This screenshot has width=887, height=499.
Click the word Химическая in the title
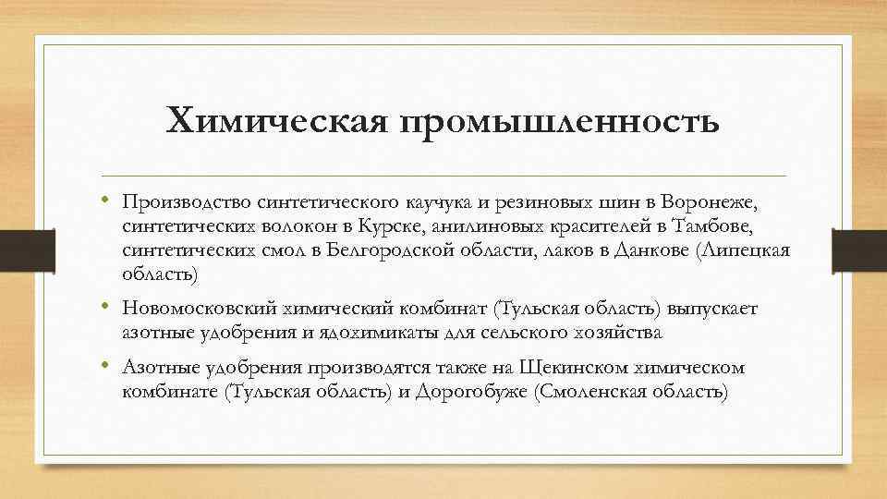pos(275,121)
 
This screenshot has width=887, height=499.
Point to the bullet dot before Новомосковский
pos(108,307)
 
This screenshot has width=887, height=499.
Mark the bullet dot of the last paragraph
pos(108,367)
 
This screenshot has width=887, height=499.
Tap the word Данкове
pos(653,250)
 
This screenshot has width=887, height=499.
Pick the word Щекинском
pos(579,368)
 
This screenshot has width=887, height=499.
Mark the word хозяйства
pos(624,332)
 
